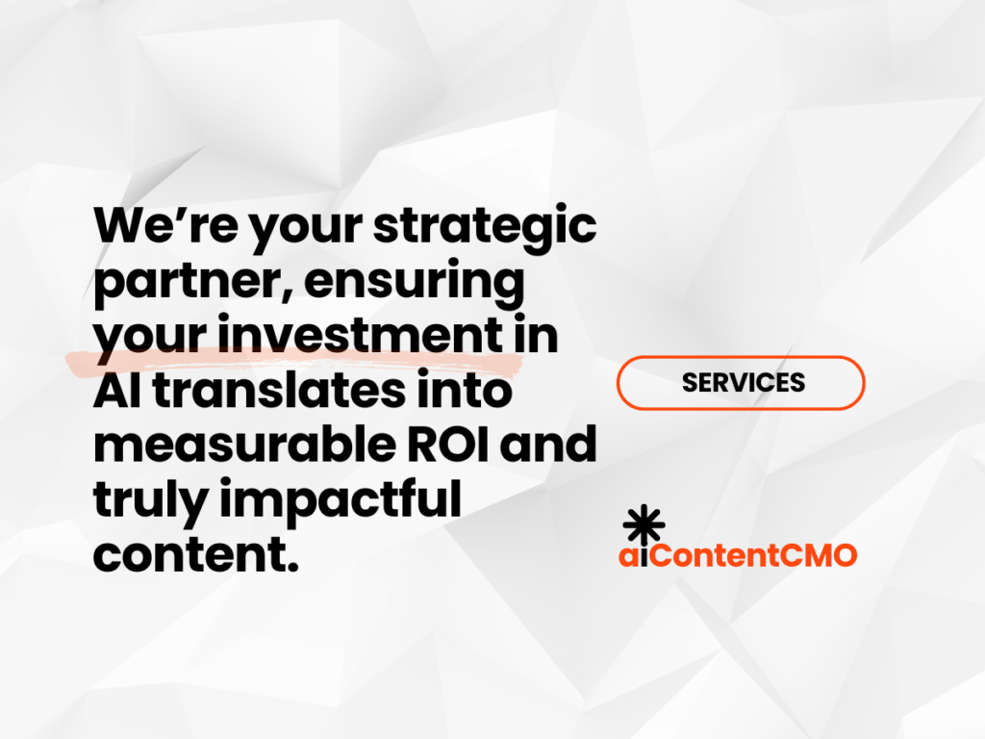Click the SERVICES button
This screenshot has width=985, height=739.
pos(741,383)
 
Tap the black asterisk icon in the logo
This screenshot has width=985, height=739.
pos(644,524)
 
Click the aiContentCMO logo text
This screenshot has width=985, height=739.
pos(738,555)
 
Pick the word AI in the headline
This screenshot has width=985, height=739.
pos(117,391)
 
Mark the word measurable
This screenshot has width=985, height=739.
pos(244,445)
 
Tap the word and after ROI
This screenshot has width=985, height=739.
pos(548,445)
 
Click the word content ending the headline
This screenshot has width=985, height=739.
pos(196,555)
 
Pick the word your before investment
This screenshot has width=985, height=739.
pos(151,340)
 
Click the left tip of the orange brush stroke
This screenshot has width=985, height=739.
pos(66,361)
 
